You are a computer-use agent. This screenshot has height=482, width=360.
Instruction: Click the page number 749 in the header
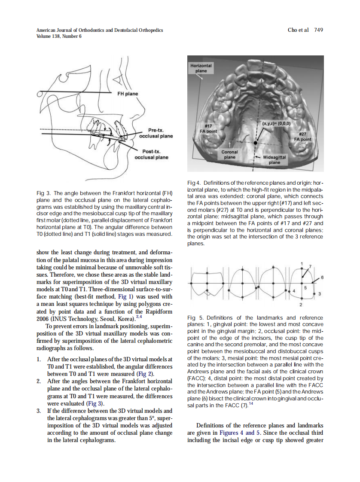tap(318, 30)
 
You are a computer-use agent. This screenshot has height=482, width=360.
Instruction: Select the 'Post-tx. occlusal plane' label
tap(151, 154)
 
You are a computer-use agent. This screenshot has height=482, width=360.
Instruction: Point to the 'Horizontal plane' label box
tap(201, 68)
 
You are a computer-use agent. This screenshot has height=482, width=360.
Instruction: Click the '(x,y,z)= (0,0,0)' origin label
tap(276, 123)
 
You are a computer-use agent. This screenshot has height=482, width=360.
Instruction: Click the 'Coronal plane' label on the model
tap(230, 155)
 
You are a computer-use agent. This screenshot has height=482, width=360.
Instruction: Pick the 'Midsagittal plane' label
tap(274, 160)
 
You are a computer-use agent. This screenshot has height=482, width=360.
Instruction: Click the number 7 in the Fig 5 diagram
tap(311, 267)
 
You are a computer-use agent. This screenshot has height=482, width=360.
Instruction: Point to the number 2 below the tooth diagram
tap(300, 305)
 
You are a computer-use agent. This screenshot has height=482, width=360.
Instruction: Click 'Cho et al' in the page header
tap(298, 30)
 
